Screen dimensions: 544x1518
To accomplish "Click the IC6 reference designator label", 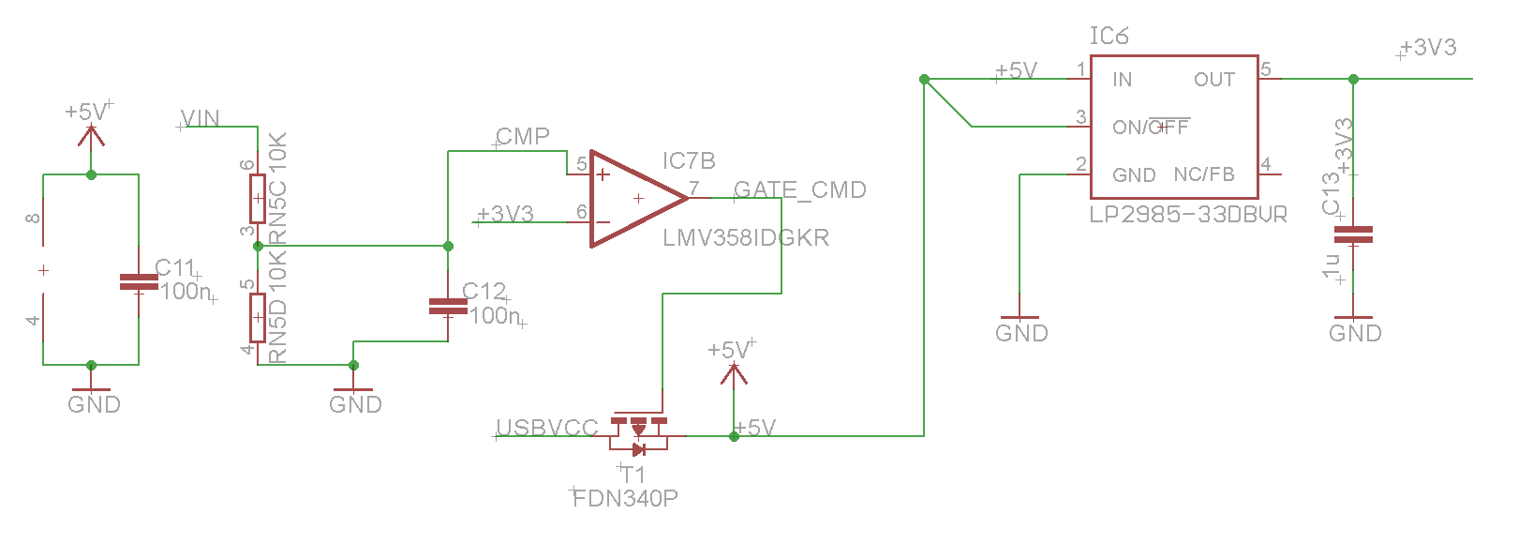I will pyautogui.click(x=1109, y=37).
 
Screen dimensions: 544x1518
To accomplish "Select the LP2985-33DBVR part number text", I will pyautogui.click(x=1187, y=215).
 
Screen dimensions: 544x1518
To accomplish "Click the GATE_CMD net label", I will pyautogui.click(x=799, y=190).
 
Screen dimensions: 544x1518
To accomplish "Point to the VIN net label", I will pyautogui.click(x=201, y=119).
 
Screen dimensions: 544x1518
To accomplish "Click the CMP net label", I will pyautogui.click(x=523, y=137).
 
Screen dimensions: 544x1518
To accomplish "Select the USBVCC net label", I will pyautogui.click(x=546, y=429).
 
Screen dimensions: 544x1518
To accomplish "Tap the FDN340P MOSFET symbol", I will pyautogui.click(x=638, y=431).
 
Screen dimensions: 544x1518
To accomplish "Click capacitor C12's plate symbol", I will pyautogui.click(x=448, y=306).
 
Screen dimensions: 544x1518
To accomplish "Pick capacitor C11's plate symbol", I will pyautogui.click(x=139, y=281).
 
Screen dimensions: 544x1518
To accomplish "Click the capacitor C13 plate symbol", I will pyautogui.click(x=1353, y=234).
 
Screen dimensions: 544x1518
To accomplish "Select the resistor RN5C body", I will pyautogui.click(x=258, y=198).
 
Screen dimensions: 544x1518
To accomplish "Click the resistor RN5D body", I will pyautogui.click(x=258, y=317).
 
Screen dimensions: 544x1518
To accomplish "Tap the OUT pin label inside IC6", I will pyautogui.click(x=1213, y=81).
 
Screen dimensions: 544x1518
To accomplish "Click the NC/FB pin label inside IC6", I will pyautogui.click(x=1204, y=175).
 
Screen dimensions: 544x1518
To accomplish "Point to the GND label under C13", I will pyautogui.click(x=1355, y=334).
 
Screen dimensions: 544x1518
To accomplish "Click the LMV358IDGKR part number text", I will pyautogui.click(x=746, y=238).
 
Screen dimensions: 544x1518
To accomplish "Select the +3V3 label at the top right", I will pyautogui.click(x=1428, y=48).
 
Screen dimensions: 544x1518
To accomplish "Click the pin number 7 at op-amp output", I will pyautogui.click(x=694, y=189).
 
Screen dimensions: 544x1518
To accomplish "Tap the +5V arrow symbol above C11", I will pyautogui.click(x=91, y=135).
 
